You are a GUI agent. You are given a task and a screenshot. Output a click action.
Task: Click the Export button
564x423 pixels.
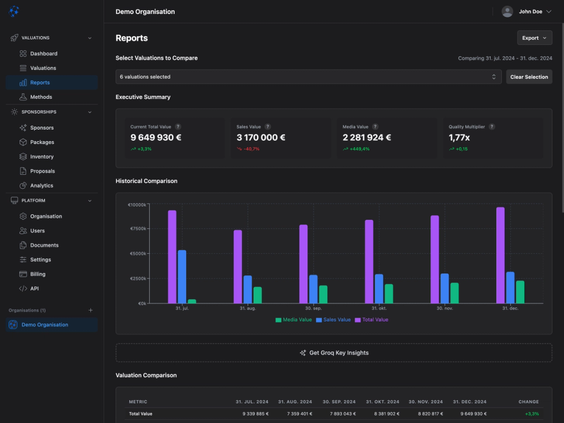534,38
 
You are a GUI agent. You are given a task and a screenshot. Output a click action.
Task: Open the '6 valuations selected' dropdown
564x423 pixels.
308,77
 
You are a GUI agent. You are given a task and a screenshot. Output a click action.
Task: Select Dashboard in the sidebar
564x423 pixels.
43,54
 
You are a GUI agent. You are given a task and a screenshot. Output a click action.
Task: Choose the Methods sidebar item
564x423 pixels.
41,97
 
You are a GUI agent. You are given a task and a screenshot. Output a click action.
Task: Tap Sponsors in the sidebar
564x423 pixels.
42,127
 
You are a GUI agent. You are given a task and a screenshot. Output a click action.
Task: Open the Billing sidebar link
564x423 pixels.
38,274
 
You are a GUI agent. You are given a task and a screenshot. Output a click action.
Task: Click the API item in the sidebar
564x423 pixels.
34,288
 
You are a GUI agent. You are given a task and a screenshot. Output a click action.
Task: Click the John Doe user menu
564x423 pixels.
527,11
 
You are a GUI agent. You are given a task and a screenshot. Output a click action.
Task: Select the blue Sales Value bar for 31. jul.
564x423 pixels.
182,277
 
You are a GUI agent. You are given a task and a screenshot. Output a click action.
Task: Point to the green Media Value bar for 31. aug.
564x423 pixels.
257,295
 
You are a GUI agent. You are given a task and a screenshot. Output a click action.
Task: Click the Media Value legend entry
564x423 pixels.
293,320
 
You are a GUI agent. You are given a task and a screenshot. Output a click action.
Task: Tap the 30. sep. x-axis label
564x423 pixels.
314,309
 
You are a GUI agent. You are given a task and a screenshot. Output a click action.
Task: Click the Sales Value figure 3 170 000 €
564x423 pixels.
261,138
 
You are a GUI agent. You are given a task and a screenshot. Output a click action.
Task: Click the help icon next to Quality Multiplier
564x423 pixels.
492,127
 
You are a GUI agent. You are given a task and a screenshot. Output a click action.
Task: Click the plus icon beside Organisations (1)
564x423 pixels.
91,310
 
